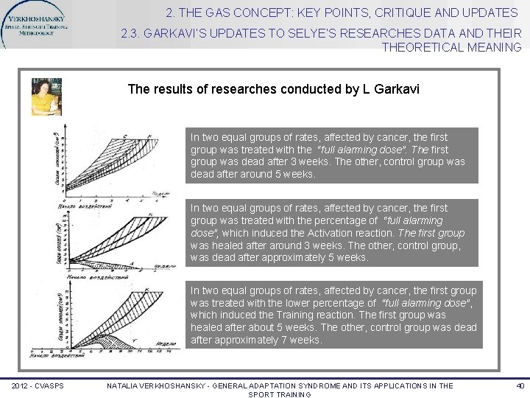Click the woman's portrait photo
(x=46, y=96)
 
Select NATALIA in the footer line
(x=125, y=385)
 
